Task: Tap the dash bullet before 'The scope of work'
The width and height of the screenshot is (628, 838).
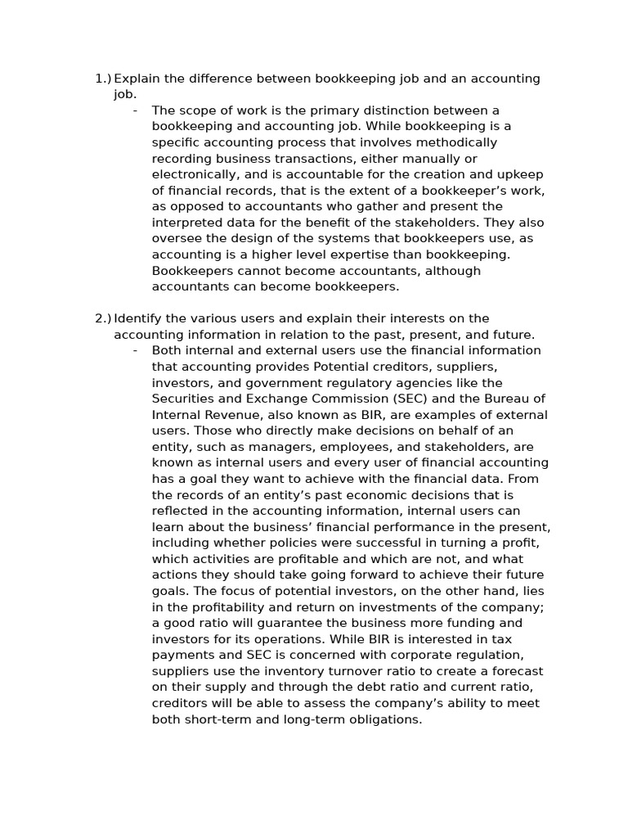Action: (135, 110)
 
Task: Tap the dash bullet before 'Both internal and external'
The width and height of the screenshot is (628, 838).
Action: (135, 350)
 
